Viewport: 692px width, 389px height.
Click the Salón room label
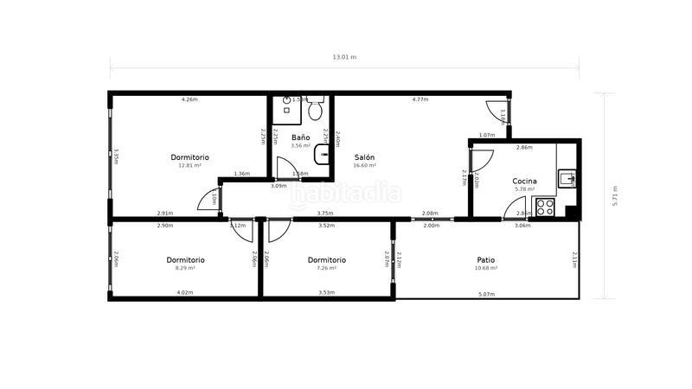364,156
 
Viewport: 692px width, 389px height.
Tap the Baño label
300,137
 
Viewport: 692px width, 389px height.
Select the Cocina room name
524,181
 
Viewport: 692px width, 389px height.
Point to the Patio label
486,259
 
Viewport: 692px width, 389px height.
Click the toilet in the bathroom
316,110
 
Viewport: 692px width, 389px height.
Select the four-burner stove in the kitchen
546,207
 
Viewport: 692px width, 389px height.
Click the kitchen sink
567,179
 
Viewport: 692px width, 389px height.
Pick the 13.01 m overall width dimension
344,57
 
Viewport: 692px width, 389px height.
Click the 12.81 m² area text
189,165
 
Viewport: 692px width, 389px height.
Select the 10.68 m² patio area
486,268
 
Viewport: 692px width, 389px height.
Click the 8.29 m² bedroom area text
185,268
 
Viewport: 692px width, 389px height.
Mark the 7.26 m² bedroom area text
327,268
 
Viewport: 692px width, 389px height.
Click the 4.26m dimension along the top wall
189,99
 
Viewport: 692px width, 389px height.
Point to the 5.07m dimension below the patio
486,293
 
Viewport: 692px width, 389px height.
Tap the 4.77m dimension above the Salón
420,99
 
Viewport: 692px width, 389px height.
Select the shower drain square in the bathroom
286,112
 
